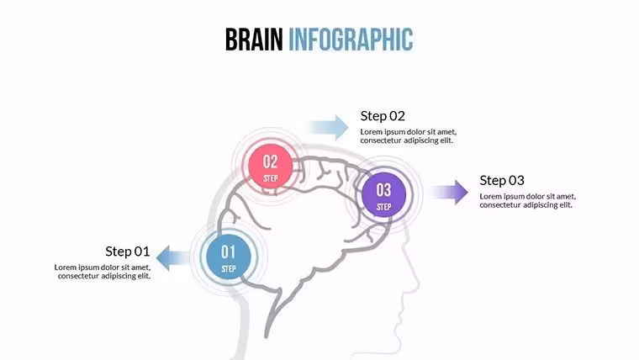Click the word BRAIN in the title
254,40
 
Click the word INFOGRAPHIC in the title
351,40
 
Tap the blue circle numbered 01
229,257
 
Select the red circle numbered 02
271,167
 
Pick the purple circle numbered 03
383,194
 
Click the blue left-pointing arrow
173,258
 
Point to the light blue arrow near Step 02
328,128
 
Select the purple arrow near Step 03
450,192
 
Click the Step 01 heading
128,251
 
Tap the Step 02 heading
383,116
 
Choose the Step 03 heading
502,180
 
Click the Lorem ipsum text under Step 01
103,272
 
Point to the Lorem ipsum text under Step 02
409,136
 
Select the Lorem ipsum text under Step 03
528,200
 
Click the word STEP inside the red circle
271,178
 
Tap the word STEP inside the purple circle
383,207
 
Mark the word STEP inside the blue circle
229,268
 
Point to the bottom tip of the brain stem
267,336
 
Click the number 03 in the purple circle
383,190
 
